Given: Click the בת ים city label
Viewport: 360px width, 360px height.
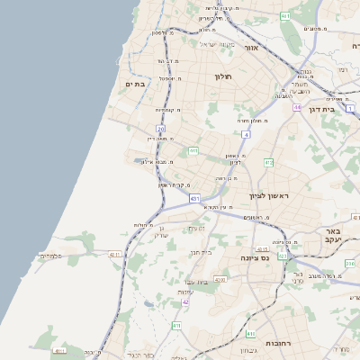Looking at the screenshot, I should click(136, 84).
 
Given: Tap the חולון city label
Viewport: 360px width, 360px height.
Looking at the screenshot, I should click(222, 77).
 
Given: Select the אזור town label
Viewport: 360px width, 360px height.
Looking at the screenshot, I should click(251, 47).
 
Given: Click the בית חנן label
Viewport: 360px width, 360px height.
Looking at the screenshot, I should click(201, 253).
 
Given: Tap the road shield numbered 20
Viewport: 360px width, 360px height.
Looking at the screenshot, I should click(161, 129).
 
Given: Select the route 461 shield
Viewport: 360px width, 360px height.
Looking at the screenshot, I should click(285, 16).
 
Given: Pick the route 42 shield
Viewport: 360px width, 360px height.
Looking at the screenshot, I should click(185, 302).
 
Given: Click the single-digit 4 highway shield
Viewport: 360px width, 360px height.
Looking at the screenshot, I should click(245, 135).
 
